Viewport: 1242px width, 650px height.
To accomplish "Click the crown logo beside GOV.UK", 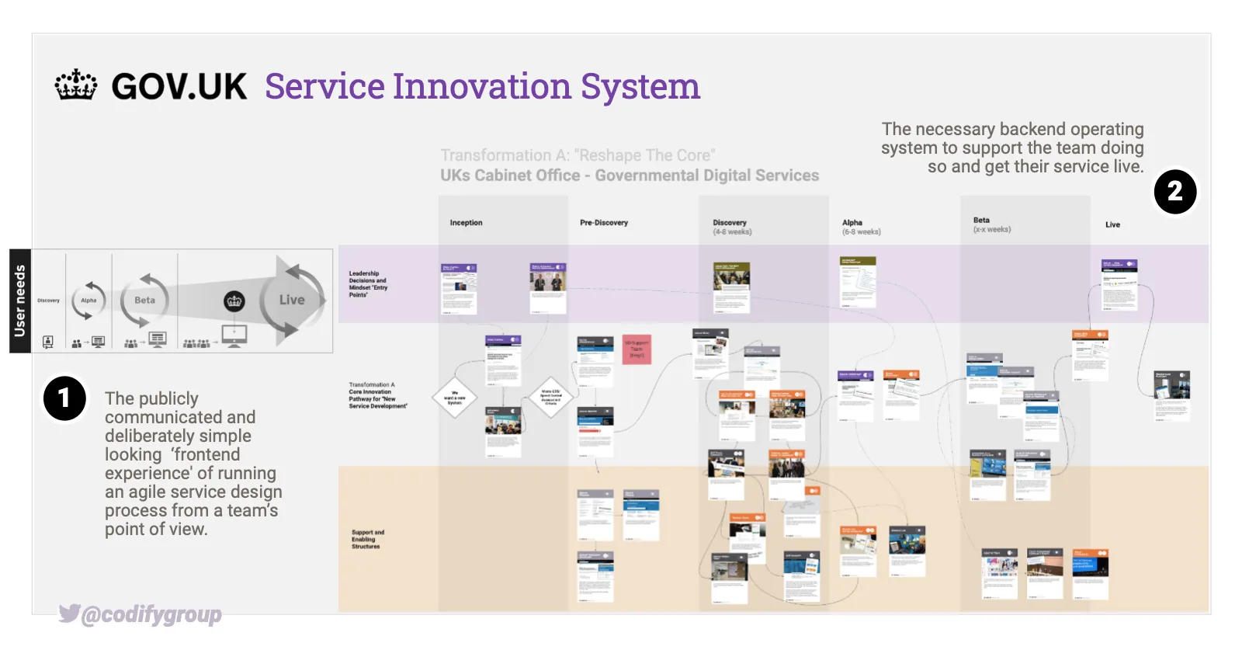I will [76, 85].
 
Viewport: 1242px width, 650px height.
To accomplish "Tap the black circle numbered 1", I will [64, 398].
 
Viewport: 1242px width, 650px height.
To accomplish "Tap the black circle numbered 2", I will [1174, 192].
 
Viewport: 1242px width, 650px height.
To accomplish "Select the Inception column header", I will [466, 223].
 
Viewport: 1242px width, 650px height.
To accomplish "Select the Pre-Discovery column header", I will [603, 223].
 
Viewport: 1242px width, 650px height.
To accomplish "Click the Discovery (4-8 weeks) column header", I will [731, 227].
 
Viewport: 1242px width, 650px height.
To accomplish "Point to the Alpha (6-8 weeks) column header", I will [861, 227].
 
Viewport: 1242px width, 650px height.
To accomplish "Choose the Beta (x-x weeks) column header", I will [991, 224].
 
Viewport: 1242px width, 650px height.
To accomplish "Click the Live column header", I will [1112, 224].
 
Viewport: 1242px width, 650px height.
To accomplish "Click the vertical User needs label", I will [20, 301].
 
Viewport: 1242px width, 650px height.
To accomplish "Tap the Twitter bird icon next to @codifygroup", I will [69, 614].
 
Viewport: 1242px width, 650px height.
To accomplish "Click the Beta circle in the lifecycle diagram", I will [144, 300].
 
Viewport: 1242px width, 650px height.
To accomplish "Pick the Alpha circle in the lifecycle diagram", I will [88, 301].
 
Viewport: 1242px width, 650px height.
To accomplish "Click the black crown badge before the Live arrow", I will [234, 301].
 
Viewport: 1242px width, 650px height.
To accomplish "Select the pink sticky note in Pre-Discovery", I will [637, 349].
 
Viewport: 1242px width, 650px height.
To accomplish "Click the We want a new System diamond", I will [455, 398].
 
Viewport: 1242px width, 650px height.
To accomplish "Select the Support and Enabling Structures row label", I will [367, 539].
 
